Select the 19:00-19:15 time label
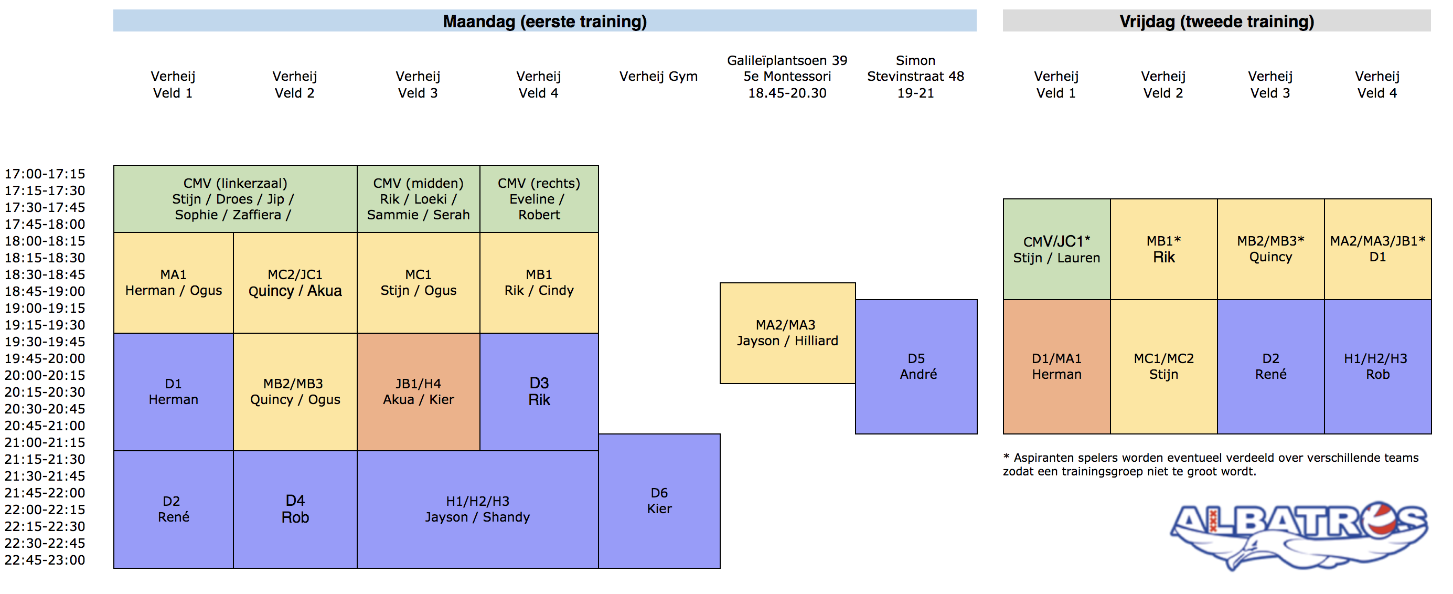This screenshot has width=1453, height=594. point(45,308)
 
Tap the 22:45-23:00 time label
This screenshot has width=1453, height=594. point(45,560)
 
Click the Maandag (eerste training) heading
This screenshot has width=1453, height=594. point(545,21)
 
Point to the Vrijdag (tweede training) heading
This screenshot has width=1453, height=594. point(1216,21)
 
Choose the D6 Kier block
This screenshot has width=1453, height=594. point(659,501)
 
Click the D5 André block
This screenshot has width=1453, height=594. point(916,367)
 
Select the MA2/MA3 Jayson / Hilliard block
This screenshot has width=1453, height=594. point(787,333)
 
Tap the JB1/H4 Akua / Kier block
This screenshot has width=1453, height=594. point(419,391)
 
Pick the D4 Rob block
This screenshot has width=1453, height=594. point(295,510)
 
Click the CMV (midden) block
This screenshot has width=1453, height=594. point(419,198)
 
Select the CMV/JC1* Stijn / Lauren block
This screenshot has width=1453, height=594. point(1056,249)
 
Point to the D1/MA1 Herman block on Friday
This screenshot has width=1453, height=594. point(1056,367)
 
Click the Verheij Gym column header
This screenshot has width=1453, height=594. point(659,76)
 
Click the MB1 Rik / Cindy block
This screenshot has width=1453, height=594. point(539,283)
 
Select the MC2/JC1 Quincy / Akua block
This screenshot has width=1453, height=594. point(295,283)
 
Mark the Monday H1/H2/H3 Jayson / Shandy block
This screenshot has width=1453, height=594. point(478,510)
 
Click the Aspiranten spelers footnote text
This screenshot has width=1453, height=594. point(1211,464)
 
